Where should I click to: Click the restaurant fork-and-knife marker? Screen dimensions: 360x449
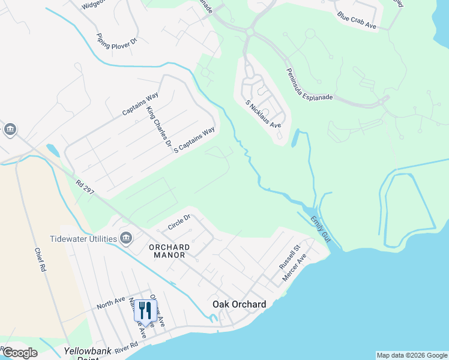145,311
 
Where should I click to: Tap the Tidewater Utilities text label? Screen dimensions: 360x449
83,239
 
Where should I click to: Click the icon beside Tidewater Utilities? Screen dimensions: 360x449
126,239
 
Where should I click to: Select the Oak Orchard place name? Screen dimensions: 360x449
239,304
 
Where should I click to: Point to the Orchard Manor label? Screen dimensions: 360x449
169,251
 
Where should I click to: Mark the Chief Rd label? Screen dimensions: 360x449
40,260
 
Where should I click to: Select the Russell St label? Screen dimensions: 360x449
289,257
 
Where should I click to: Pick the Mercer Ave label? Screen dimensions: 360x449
295,268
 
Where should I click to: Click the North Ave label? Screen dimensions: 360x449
111,303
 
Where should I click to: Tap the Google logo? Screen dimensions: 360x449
19,353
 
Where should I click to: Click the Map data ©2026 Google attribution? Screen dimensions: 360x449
412,355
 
